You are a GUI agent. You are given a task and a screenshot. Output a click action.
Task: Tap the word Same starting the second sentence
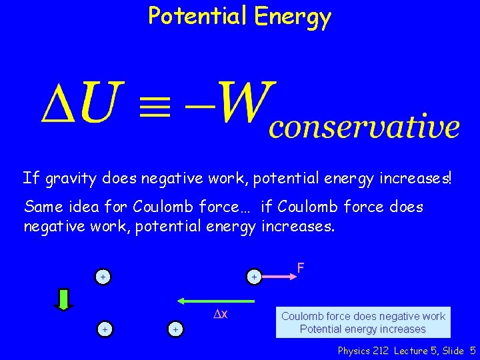pos(42,207)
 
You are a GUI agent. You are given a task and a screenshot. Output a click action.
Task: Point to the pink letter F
pos(301,268)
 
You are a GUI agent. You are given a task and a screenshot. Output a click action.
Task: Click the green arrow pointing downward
pos(64,299)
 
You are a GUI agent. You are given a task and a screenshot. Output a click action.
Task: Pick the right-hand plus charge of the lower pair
pos(175,329)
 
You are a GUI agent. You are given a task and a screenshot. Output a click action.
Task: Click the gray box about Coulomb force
pos(363,323)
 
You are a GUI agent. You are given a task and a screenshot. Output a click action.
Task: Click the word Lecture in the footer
pos(414,351)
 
